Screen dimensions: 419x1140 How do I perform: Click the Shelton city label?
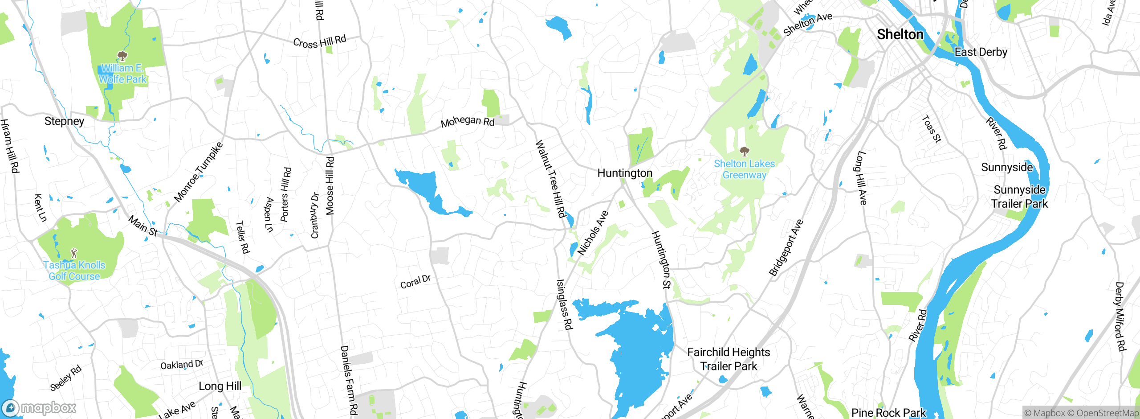(x=900, y=35)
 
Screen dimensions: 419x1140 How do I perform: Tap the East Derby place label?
(x=981, y=52)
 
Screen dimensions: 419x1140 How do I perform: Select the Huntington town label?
(x=625, y=173)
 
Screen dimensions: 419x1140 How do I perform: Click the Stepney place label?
(x=64, y=121)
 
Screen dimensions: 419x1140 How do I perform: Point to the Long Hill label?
(x=220, y=386)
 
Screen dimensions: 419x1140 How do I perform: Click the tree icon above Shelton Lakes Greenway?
(x=744, y=152)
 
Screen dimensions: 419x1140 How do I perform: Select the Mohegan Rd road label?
(x=468, y=121)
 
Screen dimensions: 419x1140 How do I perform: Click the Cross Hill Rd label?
(x=319, y=42)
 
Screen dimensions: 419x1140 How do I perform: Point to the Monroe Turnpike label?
(x=198, y=172)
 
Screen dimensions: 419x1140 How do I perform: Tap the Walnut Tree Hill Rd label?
(x=550, y=179)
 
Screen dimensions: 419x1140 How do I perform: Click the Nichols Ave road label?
(x=593, y=233)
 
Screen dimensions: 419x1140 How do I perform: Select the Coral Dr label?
(x=415, y=282)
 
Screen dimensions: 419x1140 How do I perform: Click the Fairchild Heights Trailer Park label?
(x=729, y=359)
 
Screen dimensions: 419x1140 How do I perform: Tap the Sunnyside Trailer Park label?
(x=1019, y=197)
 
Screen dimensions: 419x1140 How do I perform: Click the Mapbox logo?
(x=39, y=408)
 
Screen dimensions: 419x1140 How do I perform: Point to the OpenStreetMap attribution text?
(x=1107, y=413)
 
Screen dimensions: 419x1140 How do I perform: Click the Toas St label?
(x=931, y=129)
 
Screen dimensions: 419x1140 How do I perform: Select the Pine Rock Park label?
(x=888, y=413)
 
